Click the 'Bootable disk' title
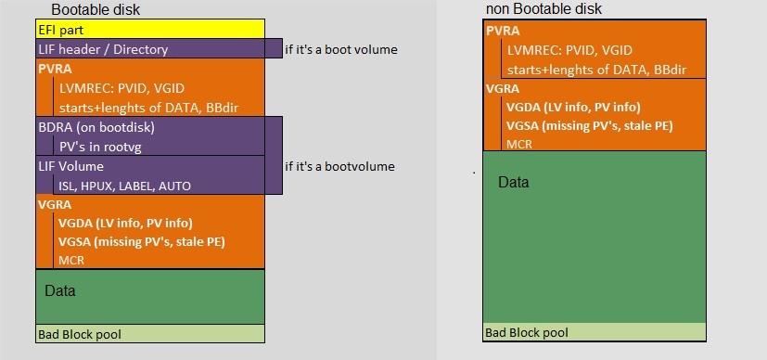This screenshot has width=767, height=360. tap(96, 9)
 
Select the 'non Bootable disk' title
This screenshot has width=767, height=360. tap(543, 8)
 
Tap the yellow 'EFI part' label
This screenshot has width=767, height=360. tap(60, 31)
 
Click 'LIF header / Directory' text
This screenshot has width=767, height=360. tap(103, 49)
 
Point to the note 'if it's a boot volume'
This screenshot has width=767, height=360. tap(341, 49)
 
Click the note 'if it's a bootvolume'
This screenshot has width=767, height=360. tap(339, 166)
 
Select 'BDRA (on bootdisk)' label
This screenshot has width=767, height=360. tap(96, 127)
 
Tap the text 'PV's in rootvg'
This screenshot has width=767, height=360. tap(100, 148)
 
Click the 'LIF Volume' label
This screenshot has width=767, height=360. tap(70, 166)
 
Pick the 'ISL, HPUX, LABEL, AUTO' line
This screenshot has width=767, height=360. tap(124, 186)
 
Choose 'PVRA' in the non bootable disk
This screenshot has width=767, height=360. tap(503, 31)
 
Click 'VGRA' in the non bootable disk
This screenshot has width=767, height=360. tap(503, 88)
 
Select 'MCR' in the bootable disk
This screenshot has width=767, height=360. tap(71, 260)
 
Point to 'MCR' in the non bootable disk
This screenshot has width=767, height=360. tap(519, 145)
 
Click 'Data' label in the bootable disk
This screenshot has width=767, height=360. tap(60, 291)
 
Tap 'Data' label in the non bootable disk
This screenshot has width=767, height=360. tap(514, 183)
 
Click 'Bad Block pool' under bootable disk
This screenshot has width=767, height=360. tap(80, 335)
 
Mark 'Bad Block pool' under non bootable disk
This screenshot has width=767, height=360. tap(527, 333)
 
